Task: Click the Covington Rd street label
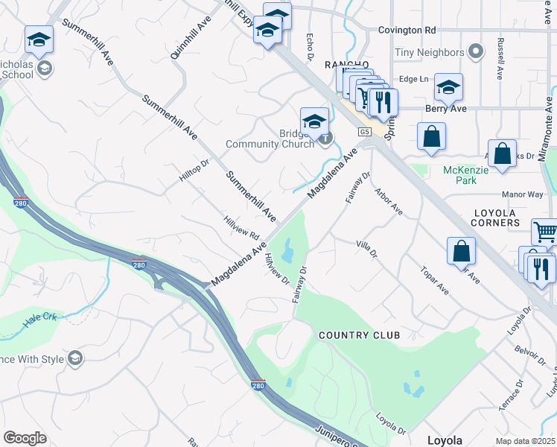tap(406, 30)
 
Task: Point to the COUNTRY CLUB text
tap(359, 335)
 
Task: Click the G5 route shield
tap(364, 132)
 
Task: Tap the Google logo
tap(25, 438)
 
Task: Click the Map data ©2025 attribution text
tap(524, 441)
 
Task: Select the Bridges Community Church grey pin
tap(325, 138)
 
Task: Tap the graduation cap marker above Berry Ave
tap(448, 87)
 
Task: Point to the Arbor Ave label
tap(388, 200)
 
